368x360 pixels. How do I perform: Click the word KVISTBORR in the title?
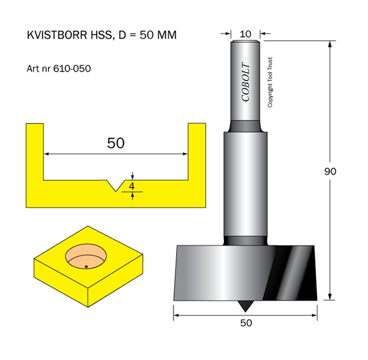click(x=58, y=35)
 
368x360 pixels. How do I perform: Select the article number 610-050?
click(x=72, y=69)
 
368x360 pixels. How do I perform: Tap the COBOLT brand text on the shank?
click(x=246, y=82)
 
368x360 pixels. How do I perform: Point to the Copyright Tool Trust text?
click(x=270, y=82)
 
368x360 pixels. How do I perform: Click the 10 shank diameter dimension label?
click(x=246, y=34)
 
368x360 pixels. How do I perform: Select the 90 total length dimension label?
click(x=330, y=172)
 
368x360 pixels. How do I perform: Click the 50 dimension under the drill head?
click(x=246, y=323)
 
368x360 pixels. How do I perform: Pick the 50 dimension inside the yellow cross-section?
click(x=116, y=143)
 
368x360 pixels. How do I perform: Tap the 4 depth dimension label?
click(x=131, y=186)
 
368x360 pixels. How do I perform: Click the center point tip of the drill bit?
click(x=246, y=312)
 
